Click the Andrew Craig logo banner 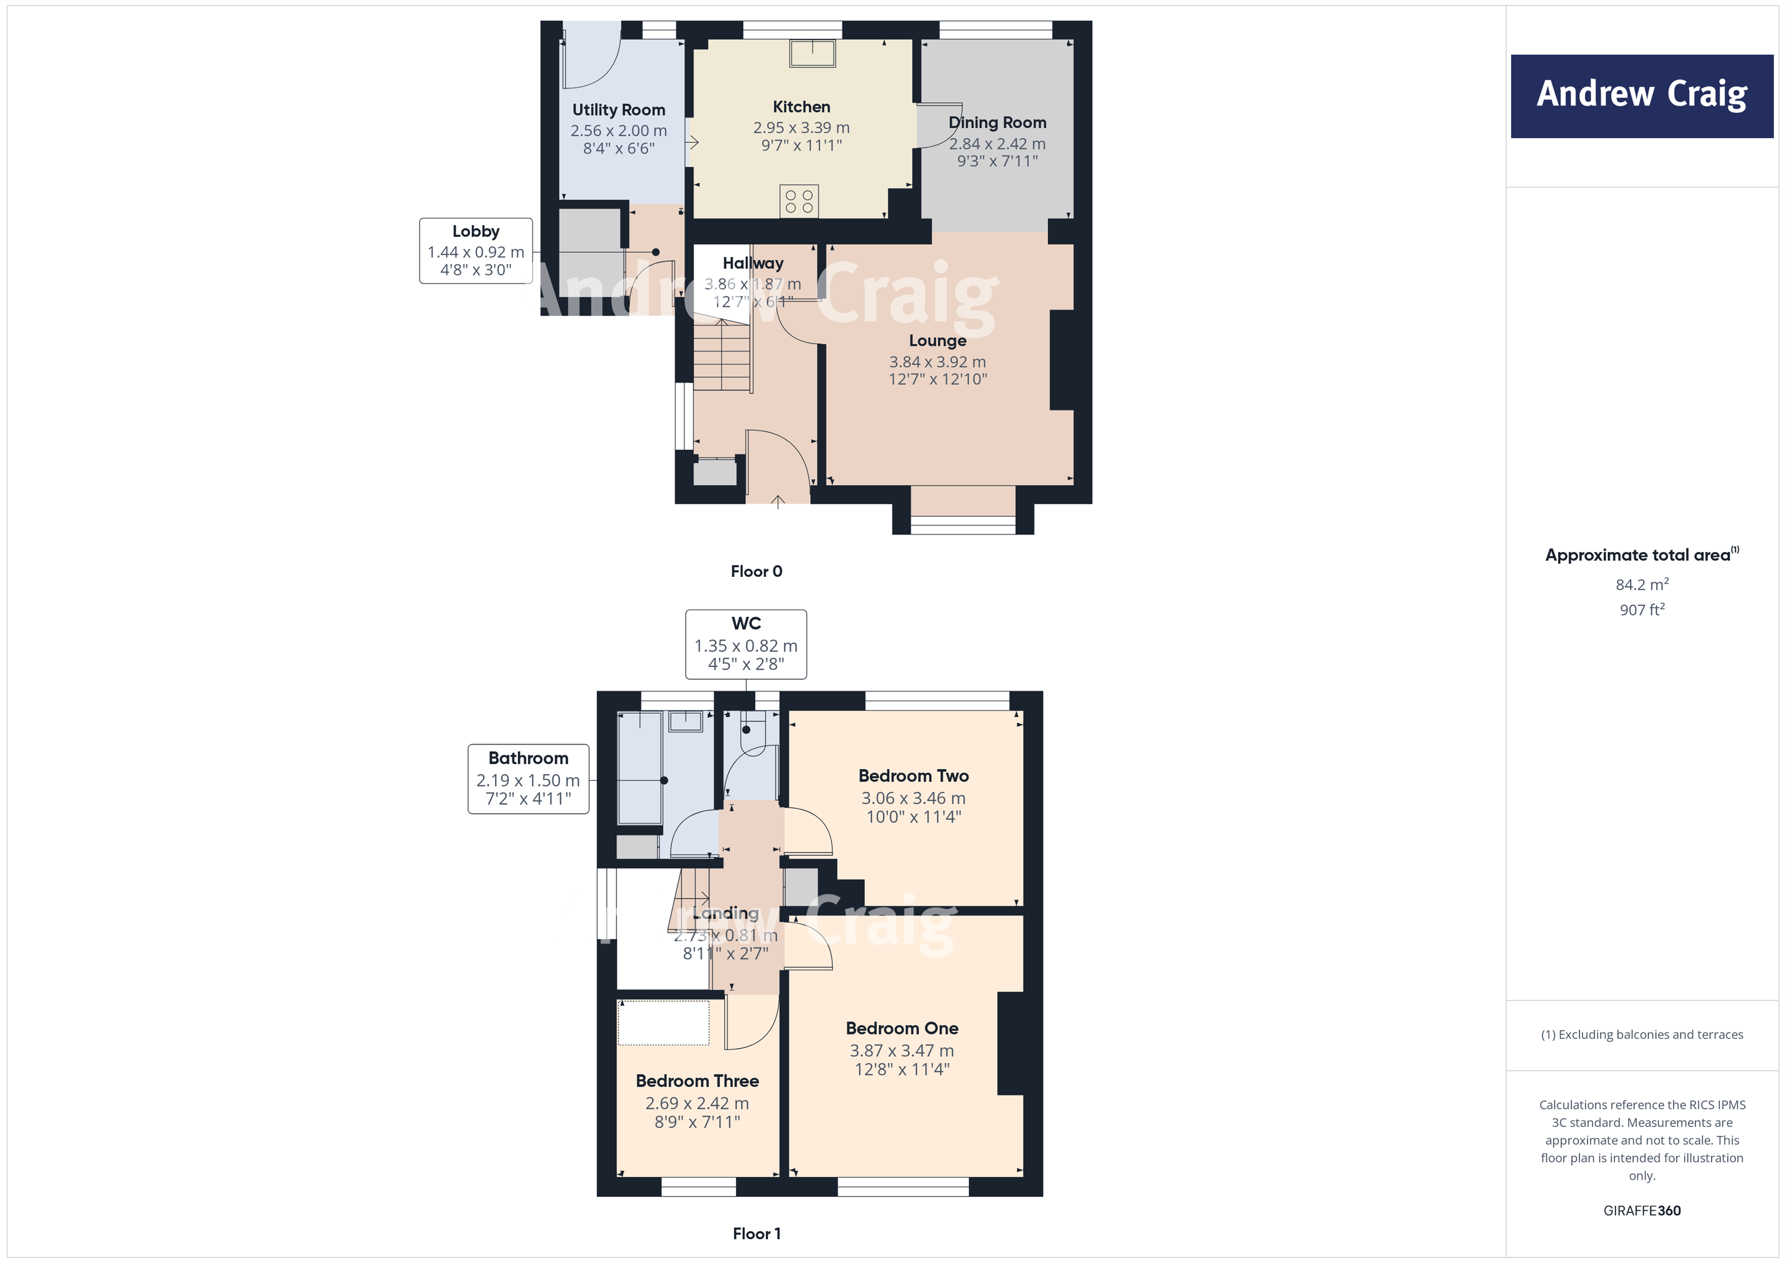point(1641,96)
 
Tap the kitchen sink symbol point(812,54)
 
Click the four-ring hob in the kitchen point(799,201)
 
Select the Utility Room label point(619,110)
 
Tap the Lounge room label point(937,340)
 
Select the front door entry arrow point(777,501)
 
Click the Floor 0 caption point(756,571)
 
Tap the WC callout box point(745,644)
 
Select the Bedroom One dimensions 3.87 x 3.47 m point(902,1051)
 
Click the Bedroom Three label point(697,1081)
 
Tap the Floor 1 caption point(756,1233)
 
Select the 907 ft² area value point(1641,610)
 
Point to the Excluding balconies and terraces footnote point(1641,1034)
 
